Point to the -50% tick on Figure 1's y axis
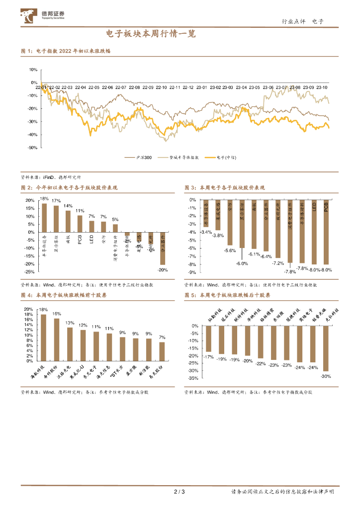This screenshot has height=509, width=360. [x=33, y=148]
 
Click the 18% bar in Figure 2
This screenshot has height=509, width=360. [x=44, y=218]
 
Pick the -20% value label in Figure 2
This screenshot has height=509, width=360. [x=163, y=270]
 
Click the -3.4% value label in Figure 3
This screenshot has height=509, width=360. [x=206, y=232]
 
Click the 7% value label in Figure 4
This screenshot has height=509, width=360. [x=162, y=338]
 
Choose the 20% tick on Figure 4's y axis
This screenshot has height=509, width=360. [x=29, y=308]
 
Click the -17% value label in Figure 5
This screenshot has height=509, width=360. [x=209, y=356]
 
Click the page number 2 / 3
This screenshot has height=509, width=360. [x=180, y=492]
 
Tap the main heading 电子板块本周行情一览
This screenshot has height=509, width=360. [x=151, y=34]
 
